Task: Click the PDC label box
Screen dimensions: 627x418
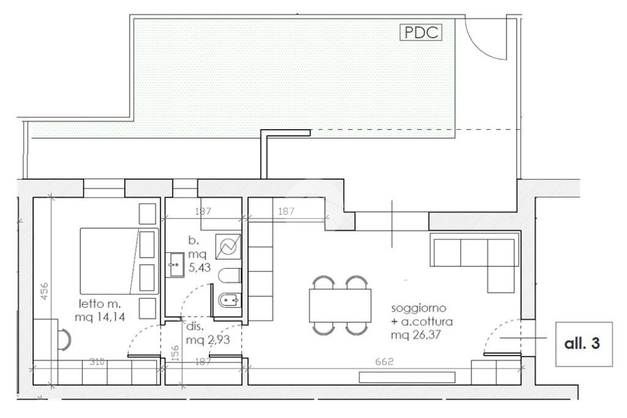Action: (x=421, y=32)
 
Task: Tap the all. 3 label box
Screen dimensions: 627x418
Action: (x=584, y=344)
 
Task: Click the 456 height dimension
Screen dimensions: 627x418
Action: (x=44, y=291)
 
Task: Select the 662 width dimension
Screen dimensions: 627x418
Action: (x=385, y=361)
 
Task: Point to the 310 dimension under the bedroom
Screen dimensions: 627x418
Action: (x=97, y=362)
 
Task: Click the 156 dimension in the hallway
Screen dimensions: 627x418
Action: (x=175, y=354)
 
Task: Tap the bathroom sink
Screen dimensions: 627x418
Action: (x=175, y=264)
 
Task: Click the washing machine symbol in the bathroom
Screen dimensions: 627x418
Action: (x=228, y=247)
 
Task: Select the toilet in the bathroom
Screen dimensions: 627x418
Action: (x=230, y=275)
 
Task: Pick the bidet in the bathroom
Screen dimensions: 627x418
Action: (x=230, y=299)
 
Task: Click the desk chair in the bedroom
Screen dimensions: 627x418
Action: (x=64, y=339)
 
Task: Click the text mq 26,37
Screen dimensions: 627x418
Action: (x=416, y=335)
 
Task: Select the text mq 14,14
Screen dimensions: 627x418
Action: (x=100, y=317)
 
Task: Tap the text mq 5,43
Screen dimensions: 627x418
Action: (x=199, y=261)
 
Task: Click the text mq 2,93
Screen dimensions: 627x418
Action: (x=208, y=340)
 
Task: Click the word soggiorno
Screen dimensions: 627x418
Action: (x=418, y=308)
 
